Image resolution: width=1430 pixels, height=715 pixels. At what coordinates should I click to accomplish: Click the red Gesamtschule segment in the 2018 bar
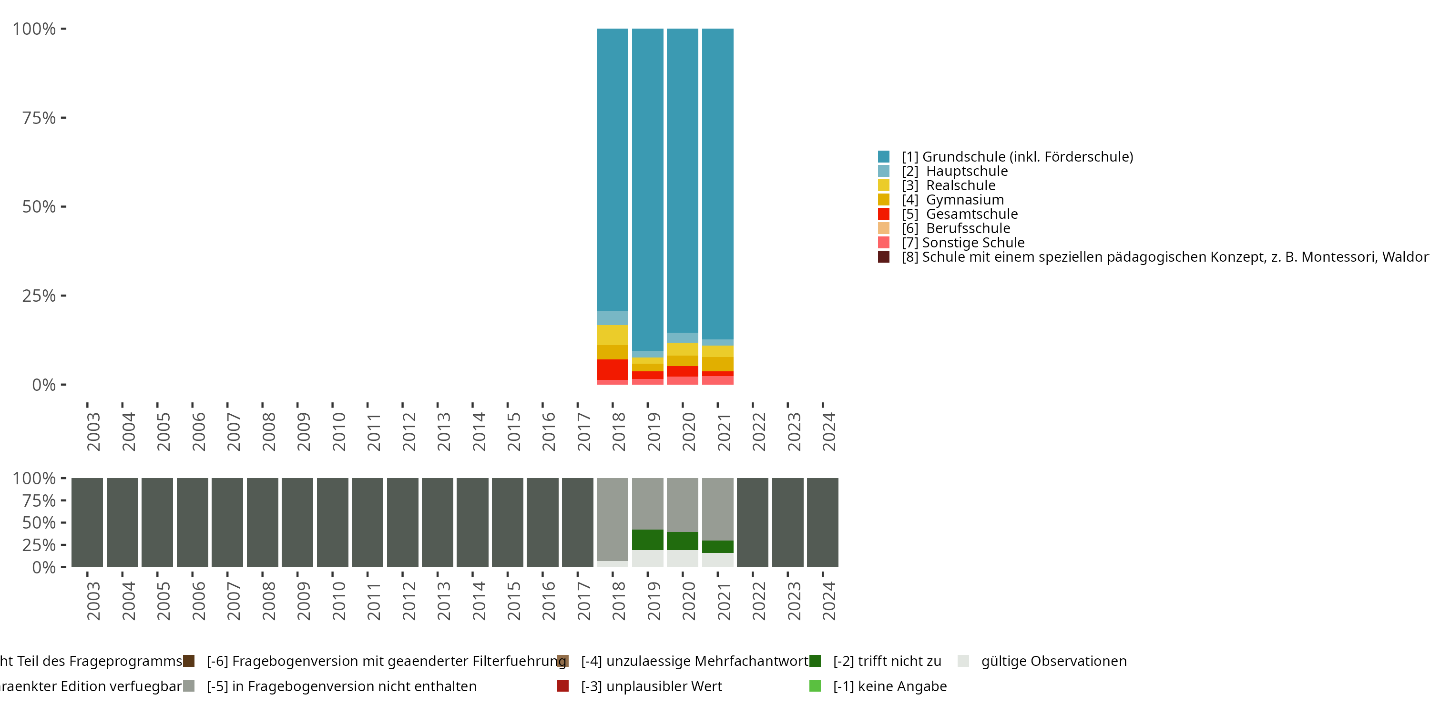(x=613, y=369)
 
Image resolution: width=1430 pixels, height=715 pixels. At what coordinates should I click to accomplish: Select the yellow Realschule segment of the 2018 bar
(x=613, y=335)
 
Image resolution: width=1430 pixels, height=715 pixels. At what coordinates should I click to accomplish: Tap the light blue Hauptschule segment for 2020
(x=682, y=337)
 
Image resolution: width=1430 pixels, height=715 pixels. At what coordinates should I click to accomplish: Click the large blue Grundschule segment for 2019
(x=647, y=189)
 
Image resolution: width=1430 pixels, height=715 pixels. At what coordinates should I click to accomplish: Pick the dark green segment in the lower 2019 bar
(x=647, y=540)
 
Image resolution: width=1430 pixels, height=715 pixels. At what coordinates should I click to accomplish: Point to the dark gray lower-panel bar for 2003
(x=87, y=522)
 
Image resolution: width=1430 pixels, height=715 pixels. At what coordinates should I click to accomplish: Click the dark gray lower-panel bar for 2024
(x=822, y=522)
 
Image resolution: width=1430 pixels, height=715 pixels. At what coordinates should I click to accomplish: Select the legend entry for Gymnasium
(x=964, y=200)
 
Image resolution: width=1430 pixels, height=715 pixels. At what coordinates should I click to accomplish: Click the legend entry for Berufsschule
(x=968, y=228)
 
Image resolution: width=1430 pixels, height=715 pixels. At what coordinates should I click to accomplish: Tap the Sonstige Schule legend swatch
(x=884, y=243)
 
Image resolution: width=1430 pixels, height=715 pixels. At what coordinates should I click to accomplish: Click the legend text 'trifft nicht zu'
(x=887, y=661)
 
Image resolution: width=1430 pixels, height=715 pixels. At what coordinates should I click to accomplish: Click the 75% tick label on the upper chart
(x=39, y=118)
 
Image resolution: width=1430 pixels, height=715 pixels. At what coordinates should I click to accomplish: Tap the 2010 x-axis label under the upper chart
(x=338, y=431)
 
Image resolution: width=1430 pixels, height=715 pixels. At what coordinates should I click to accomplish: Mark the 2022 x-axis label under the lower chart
(x=758, y=601)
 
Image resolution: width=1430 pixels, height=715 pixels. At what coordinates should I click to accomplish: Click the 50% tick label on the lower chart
(x=39, y=522)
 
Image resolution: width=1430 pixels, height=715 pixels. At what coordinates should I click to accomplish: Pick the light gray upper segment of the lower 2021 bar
(x=717, y=509)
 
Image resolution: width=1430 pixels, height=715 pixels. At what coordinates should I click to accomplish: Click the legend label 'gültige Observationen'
(x=1053, y=661)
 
